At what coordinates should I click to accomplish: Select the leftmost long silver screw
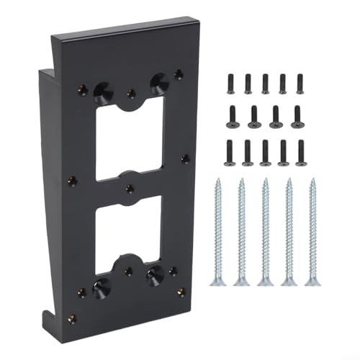(217, 230)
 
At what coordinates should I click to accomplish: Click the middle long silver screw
(265, 230)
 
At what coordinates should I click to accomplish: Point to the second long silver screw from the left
(241, 230)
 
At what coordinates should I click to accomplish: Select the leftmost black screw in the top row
(230, 84)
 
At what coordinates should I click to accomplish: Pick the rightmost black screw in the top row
(300, 84)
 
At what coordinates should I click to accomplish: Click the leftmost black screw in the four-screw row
(234, 114)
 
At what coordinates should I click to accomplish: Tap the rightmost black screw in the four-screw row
(295, 114)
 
